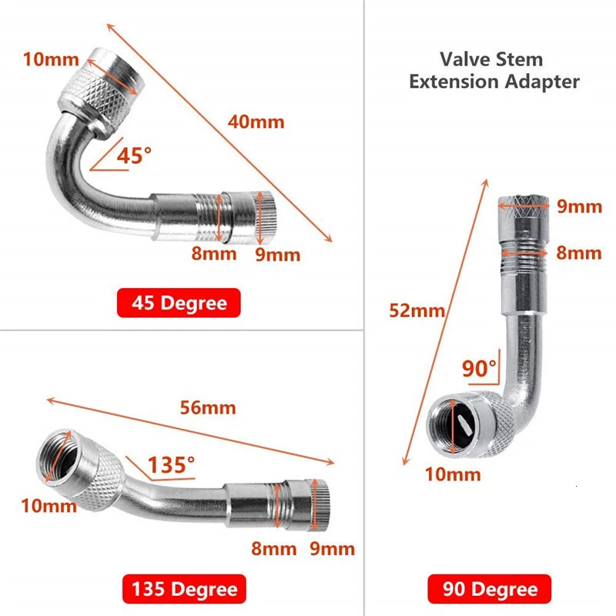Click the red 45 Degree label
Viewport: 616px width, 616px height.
click(x=179, y=303)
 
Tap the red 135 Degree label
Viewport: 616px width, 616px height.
click(x=183, y=590)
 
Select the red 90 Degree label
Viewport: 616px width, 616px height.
click(x=490, y=590)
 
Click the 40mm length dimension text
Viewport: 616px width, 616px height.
click(x=256, y=122)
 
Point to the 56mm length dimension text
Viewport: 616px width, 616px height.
click(x=208, y=408)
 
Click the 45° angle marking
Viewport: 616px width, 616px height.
click(x=134, y=156)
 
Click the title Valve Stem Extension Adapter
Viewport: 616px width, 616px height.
click(x=494, y=70)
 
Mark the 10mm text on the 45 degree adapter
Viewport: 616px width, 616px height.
click(x=49, y=59)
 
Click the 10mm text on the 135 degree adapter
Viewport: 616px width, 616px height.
click(x=49, y=505)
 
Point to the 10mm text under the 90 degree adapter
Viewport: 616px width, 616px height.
click(x=454, y=474)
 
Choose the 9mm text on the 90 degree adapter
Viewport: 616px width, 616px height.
click(x=579, y=206)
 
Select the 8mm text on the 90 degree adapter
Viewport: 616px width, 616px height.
click(x=579, y=253)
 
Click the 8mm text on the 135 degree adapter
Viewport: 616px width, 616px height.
click(x=273, y=548)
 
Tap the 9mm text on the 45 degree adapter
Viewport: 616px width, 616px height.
click(x=277, y=254)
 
